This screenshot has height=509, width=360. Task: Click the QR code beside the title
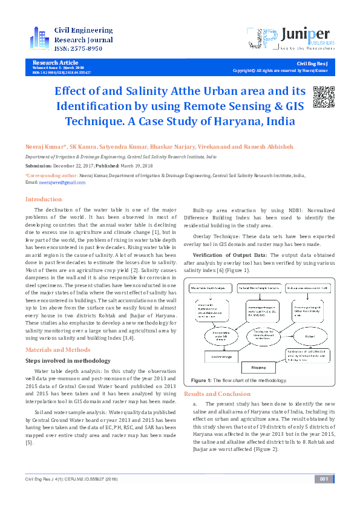click(x=324, y=97)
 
